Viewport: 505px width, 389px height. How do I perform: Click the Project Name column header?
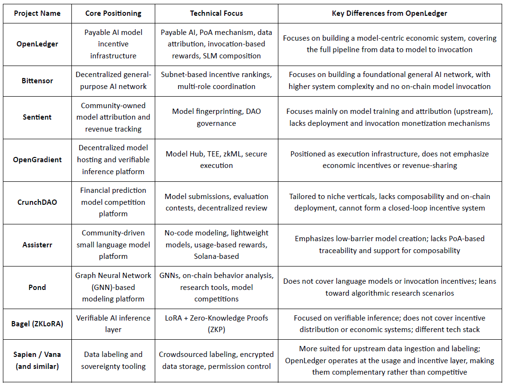pyautogui.click(x=37, y=13)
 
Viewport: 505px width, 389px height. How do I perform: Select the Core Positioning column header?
pyautogui.click(x=113, y=13)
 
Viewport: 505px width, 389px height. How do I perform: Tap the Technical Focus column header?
pyautogui.click(x=216, y=13)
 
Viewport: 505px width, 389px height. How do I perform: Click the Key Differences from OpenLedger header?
pyautogui.click(x=389, y=13)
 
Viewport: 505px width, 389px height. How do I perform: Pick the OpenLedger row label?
pyautogui.click(x=37, y=44)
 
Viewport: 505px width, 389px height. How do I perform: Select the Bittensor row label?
pyautogui.click(x=37, y=80)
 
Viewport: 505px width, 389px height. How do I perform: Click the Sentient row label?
pyautogui.click(x=37, y=117)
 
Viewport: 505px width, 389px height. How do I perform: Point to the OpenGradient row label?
pyautogui.click(x=37, y=160)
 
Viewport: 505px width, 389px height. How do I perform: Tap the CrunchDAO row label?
pyautogui.click(x=37, y=202)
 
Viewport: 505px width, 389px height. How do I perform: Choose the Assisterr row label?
pyautogui.click(x=37, y=245)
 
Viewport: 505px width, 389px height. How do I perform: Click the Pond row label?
pyautogui.click(x=37, y=287)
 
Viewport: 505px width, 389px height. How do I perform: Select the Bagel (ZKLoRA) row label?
pyautogui.click(x=37, y=324)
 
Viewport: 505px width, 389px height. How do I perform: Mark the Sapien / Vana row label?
pyautogui.click(x=37, y=360)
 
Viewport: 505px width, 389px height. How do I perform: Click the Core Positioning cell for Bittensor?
pyautogui.click(x=113, y=80)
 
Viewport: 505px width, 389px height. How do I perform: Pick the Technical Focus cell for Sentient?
pyautogui.click(x=216, y=117)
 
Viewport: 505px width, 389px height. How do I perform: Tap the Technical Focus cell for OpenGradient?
pyautogui.click(x=216, y=160)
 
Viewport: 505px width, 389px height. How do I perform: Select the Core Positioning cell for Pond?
pyautogui.click(x=113, y=287)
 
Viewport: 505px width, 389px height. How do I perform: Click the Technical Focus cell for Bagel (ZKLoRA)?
pyautogui.click(x=216, y=324)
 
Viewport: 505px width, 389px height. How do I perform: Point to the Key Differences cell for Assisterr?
pyautogui.click(x=389, y=245)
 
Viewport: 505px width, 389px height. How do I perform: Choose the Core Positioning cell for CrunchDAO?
pyautogui.click(x=113, y=202)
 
